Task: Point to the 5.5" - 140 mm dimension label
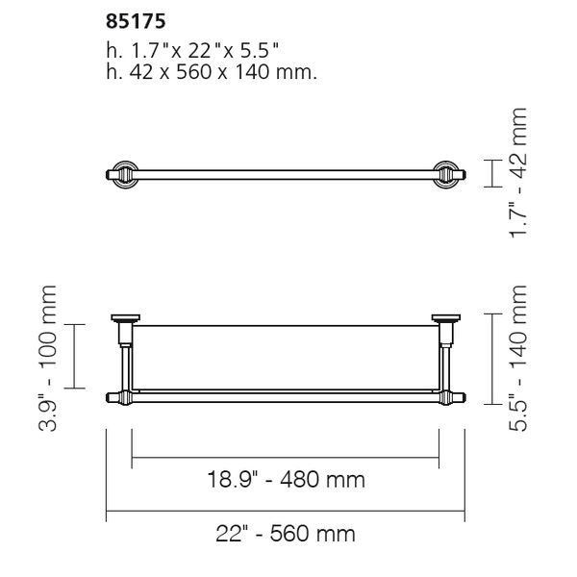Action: point(520,357)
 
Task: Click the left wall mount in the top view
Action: point(120,174)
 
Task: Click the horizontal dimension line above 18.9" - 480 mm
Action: point(286,455)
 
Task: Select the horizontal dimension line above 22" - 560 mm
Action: point(286,509)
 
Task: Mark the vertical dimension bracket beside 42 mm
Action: point(490,174)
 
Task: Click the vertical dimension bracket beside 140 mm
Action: point(490,356)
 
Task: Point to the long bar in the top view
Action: point(286,174)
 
